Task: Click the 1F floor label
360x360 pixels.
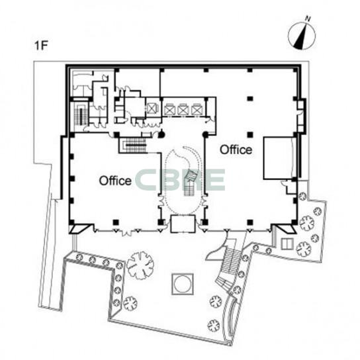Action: coord(41,45)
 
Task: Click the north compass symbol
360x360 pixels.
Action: coord(302,36)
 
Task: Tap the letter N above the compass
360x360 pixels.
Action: coord(308,19)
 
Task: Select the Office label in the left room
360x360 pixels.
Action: coord(115,181)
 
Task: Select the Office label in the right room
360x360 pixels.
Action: coord(236,150)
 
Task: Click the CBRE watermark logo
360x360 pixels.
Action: coord(180,180)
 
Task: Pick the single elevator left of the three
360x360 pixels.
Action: coord(152,109)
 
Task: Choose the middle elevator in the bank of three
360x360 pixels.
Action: coord(183,109)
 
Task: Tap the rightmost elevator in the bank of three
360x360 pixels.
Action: coord(197,109)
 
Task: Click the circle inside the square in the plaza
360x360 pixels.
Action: coord(183,284)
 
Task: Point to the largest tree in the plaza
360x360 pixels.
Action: coord(140,265)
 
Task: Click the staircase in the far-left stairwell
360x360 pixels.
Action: coord(79,114)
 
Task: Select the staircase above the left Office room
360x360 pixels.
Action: coord(136,146)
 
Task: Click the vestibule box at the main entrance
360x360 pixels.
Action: coord(183,224)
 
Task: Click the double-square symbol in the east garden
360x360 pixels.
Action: coord(287,244)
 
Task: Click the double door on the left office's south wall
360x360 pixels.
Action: coord(127,232)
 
